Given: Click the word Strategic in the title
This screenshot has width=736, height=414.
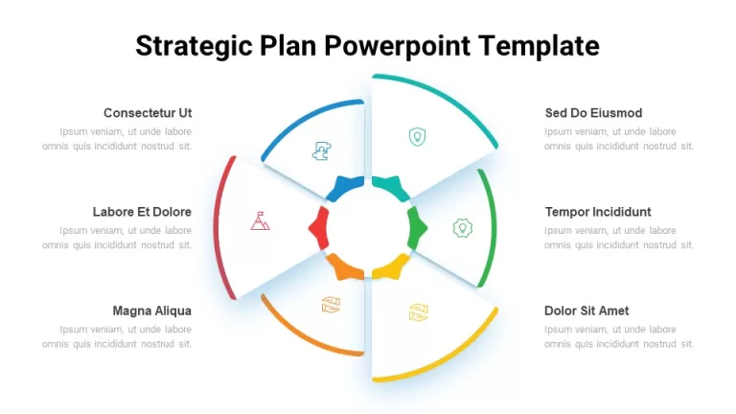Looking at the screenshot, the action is pos(194,47).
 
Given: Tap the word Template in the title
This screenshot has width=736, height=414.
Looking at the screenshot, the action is pos(539,46).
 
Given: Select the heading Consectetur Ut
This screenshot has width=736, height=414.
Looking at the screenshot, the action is pos(148,113).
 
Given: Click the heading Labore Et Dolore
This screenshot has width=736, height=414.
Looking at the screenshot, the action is pos(142,212).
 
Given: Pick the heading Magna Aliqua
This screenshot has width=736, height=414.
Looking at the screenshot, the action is pos(151,310).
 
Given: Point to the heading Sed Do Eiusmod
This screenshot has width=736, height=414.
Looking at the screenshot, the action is pos(593,113).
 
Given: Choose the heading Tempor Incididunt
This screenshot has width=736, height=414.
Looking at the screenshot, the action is pos(598,212).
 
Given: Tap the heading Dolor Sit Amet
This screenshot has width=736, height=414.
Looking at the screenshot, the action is pos(586,310).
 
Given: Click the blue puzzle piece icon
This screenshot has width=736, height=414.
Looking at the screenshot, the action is pos(322,150).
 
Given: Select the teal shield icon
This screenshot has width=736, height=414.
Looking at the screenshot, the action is pos(417,137).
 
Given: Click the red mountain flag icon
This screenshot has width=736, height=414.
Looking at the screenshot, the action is pos(260,221).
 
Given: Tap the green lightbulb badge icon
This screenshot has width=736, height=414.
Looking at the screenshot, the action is pos(462,228).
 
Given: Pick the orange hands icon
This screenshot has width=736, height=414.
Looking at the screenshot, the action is pos(331,305).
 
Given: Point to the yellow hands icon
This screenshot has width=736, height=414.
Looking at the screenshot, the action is pos(418,312).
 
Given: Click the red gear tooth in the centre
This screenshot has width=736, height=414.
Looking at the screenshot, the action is pos(319,228).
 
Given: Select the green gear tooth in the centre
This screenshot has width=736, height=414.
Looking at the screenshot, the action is pos(417,228).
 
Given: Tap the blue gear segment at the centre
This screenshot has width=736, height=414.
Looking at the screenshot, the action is pos(346,188).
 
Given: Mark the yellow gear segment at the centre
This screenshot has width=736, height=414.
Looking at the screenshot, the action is pos(391,266).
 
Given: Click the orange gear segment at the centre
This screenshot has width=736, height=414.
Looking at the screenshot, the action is pos(345,266).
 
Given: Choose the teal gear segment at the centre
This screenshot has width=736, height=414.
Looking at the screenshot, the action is pos(391,188).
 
